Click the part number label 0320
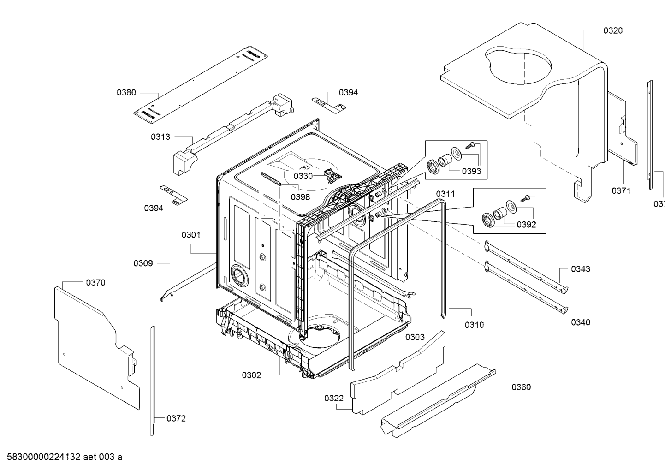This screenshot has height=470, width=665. (x=612, y=30)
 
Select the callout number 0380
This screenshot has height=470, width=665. (x=126, y=92)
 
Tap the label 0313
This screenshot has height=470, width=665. (x=160, y=137)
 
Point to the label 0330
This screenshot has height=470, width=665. (x=303, y=176)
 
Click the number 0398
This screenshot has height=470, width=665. (x=300, y=197)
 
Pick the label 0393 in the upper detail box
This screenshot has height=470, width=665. (x=471, y=171)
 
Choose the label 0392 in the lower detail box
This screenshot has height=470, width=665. (x=526, y=225)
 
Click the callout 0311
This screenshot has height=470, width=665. (x=445, y=194)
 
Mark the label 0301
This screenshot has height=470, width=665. (x=190, y=235)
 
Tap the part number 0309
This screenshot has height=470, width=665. (x=143, y=263)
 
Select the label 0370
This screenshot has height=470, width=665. (x=95, y=282)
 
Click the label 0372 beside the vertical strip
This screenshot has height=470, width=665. (x=176, y=418)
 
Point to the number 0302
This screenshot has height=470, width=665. (x=251, y=375)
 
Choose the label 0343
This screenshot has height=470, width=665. (x=580, y=269)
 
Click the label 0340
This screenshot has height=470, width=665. (x=580, y=322)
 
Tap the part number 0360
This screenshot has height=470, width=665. (x=521, y=387)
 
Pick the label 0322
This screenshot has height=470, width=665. (x=333, y=398)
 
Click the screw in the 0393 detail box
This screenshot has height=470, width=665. (x=470, y=146)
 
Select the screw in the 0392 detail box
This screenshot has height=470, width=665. (x=525, y=199)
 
